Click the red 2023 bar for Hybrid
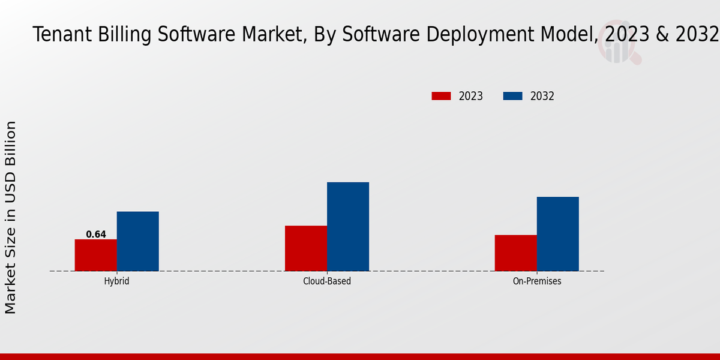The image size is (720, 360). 96,255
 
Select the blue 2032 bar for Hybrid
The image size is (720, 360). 138,241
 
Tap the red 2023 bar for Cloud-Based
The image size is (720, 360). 306,248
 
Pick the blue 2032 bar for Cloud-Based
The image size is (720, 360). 348,226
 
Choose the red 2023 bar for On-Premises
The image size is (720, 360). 516,253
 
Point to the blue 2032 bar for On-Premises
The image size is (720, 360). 558,233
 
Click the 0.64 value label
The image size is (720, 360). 96,235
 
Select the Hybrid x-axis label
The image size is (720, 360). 116,281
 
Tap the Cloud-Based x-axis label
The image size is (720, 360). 327,281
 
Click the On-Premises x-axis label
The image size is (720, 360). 537,281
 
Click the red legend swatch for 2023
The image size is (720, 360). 441,96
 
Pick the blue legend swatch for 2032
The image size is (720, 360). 512,96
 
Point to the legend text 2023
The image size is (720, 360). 471,96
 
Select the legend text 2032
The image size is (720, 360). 542,96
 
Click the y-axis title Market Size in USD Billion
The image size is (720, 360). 11,217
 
